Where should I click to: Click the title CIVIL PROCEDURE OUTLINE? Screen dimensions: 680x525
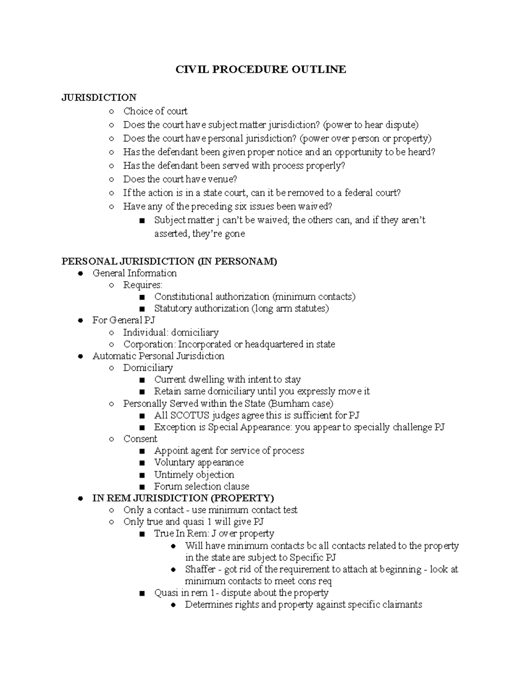261,69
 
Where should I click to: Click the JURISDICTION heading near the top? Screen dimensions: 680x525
99,97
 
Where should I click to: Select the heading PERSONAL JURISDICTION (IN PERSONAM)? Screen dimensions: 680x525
169,261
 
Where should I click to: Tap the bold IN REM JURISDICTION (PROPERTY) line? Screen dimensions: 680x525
183,498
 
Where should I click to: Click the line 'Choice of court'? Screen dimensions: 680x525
155,111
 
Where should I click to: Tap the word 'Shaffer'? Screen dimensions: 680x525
200,569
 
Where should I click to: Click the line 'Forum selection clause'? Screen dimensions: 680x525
202,486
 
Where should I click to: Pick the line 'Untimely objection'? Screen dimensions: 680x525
194,475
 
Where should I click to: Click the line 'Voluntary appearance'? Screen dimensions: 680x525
199,463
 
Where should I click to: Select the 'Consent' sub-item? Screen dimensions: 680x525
140,439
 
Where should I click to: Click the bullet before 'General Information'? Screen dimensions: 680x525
80,274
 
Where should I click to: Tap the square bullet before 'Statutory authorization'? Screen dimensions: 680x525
141,309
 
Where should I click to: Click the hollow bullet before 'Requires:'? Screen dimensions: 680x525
112,285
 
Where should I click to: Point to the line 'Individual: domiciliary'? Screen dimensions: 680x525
171,332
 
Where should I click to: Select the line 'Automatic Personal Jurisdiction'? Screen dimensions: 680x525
158,356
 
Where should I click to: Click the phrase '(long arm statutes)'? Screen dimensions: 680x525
290,309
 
